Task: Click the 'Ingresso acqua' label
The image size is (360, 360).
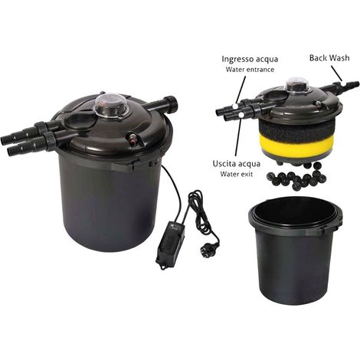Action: click(x=250, y=59)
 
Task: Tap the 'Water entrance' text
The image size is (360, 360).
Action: click(x=250, y=70)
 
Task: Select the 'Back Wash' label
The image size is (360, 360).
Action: click(x=329, y=57)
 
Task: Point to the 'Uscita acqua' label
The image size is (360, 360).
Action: click(x=237, y=164)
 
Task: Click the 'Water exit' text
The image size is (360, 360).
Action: click(x=237, y=174)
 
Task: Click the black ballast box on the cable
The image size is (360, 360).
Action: click(x=170, y=245)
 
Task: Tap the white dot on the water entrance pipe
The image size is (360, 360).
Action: click(x=235, y=105)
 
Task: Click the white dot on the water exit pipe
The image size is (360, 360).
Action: click(x=241, y=116)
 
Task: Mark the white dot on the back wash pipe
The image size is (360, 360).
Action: click(x=344, y=83)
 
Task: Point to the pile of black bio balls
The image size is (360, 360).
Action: click(x=296, y=175)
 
